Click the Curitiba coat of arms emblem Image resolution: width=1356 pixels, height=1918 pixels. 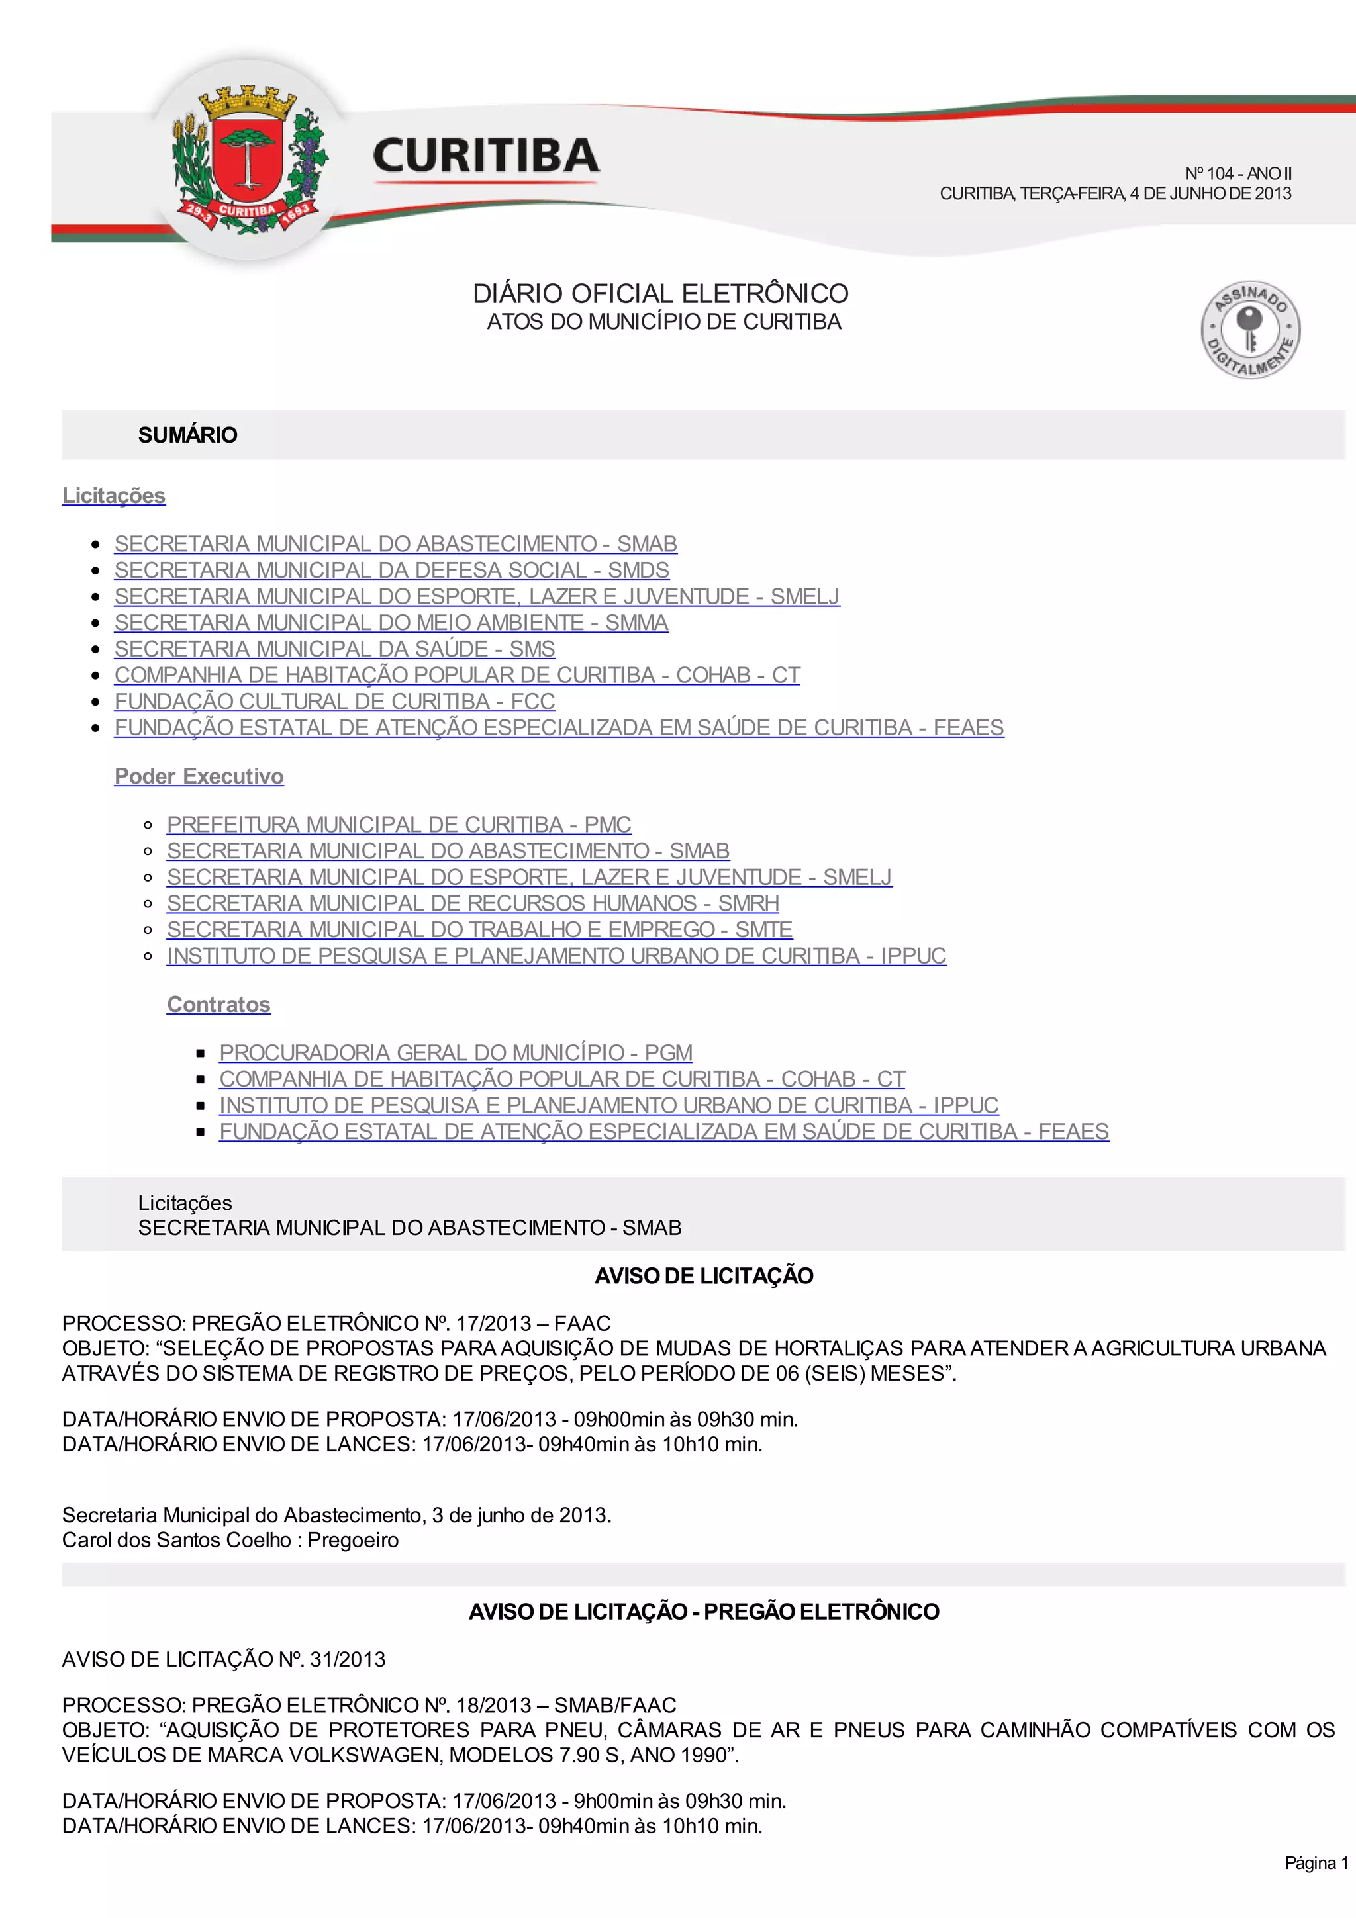pyautogui.click(x=248, y=159)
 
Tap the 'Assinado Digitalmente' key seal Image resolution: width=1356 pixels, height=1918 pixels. pyautogui.click(x=1250, y=329)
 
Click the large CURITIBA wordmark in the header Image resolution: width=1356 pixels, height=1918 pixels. pyautogui.click(x=485, y=156)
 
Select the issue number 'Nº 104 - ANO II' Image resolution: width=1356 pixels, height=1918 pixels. pyautogui.click(x=1237, y=174)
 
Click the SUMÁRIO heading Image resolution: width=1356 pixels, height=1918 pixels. pyautogui.click(x=187, y=435)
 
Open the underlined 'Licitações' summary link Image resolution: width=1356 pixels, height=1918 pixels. pyautogui.click(x=114, y=496)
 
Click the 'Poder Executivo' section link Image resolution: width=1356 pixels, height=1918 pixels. pyautogui.click(x=199, y=777)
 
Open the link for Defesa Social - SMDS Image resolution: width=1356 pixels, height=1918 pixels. pyautogui.click(x=391, y=571)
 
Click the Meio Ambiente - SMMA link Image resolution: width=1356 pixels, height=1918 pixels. pyautogui.click(x=391, y=623)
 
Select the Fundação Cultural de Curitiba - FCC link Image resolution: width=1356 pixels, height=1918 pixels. pyautogui.click(x=334, y=702)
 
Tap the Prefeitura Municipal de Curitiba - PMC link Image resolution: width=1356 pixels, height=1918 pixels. pyautogui.click(x=399, y=825)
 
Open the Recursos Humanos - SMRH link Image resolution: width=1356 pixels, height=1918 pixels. pyautogui.click(x=472, y=904)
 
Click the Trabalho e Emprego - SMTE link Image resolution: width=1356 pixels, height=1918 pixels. pyautogui.click(x=479, y=930)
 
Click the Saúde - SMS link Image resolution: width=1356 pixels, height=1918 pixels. pyautogui.click(x=334, y=649)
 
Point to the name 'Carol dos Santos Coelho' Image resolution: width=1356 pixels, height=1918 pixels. pyautogui.click(x=176, y=1539)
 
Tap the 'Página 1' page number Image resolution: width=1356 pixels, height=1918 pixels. pyautogui.click(x=1316, y=1863)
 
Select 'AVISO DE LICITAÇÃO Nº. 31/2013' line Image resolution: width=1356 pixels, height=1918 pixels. pyautogui.click(x=224, y=1659)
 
